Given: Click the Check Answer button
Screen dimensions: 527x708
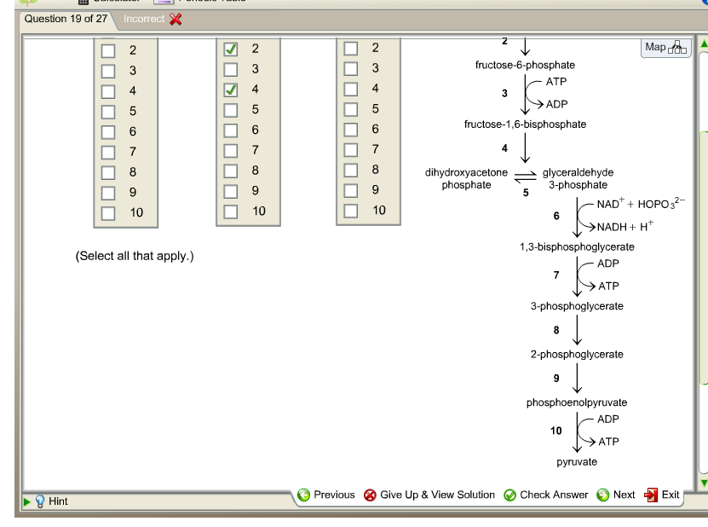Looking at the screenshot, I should [x=546, y=495].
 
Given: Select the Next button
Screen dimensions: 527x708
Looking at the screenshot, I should [x=616, y=495].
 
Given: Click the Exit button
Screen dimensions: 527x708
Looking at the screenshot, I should [x=662, y=495].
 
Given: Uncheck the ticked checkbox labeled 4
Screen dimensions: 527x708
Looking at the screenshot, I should [x=230, y=90].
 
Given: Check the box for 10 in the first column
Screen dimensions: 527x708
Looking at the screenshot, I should [x=108, y=212].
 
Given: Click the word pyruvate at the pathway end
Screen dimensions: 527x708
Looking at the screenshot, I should [x=577, y=461].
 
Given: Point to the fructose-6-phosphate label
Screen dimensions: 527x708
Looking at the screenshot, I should [x=525, y=65].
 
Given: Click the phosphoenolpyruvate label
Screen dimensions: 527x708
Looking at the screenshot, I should [x=577, y=402].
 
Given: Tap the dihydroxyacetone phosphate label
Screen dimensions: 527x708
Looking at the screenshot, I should [x=466, y=178].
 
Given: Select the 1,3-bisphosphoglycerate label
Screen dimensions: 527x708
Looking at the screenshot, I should [x=577, y=246].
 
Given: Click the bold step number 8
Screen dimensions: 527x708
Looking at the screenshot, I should [x=556, y=330].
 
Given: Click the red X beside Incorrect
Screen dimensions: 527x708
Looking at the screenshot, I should [x=176, y=19].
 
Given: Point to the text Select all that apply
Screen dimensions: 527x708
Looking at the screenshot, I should [x=135, y=256].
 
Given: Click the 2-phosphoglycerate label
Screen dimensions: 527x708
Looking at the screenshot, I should [x=577, y=354].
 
